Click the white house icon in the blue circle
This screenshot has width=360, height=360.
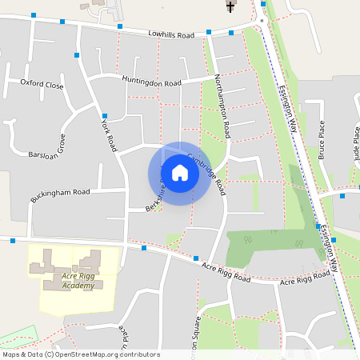[x=179, y=173]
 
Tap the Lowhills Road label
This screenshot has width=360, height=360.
[x=171, y=35]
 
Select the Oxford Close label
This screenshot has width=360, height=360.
[x=42, y=83]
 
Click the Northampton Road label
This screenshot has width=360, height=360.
[x=222, y=104]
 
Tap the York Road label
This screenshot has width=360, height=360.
[x=108, y=133]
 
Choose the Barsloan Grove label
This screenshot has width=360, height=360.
[x=46, y=152]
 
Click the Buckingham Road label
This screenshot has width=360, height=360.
[x=61, y=193]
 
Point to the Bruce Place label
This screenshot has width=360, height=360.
[x=322, y=139]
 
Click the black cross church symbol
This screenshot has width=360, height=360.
[x=230, y=7]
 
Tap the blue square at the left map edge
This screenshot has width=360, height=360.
[x=13, y=240]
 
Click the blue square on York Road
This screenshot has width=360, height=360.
[x=104, y=116]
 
